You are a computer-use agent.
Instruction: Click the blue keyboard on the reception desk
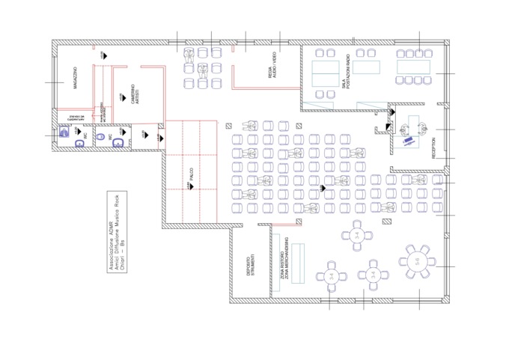point(408,139)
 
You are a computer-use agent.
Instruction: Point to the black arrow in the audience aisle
point(323,188)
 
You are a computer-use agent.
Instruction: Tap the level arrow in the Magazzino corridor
point(102,56)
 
